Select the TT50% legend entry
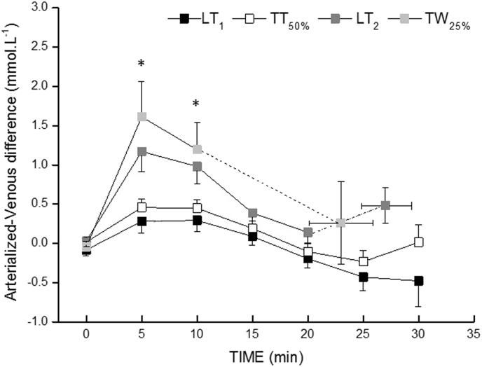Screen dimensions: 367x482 [277, 18]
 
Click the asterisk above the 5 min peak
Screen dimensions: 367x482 [142, 65]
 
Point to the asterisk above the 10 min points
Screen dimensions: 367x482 [197, 105]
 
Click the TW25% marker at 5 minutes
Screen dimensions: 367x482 [142, 117]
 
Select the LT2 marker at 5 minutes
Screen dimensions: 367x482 [142, 151]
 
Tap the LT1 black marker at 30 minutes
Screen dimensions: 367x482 [419, 280]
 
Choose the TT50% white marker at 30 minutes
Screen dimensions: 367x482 [419, 242]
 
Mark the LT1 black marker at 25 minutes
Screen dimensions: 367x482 [364, 277]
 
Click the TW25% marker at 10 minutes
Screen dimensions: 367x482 [198, 149]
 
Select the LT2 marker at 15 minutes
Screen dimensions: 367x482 [253, 213]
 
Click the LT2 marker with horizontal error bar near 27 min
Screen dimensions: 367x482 [385, 205]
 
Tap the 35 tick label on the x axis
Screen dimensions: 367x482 [474, 335]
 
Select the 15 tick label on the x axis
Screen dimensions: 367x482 [253, 335]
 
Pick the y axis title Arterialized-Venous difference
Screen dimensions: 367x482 [13, 165]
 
